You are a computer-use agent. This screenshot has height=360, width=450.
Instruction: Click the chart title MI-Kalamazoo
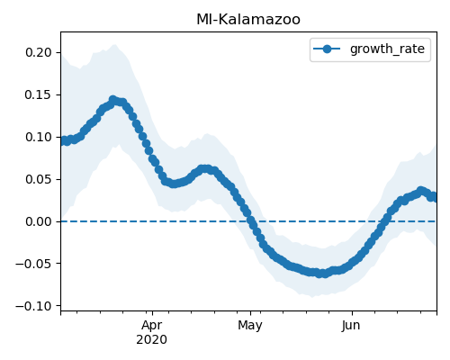[248, 20]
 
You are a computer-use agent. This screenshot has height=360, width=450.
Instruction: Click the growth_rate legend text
[387, 49]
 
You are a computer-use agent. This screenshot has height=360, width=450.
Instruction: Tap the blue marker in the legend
[327, 49]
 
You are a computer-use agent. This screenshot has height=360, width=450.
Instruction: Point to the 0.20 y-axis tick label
[39, 52]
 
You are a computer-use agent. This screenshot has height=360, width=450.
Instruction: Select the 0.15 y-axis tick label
[39, 94]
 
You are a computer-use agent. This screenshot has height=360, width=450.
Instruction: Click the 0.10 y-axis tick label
[39, 137]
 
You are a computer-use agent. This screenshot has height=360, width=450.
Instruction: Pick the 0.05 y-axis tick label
[39, 179]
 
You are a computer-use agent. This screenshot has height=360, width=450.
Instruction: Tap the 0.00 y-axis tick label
[39, 221]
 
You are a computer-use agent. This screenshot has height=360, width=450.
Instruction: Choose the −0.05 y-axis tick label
[33, 264]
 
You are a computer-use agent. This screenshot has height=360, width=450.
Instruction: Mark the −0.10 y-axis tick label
[33, 306]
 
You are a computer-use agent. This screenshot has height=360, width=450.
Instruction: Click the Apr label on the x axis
[152, 326]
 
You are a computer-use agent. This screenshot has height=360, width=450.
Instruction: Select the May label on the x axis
[250, 326]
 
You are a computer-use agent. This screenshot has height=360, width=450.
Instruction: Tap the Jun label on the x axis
[351, 326]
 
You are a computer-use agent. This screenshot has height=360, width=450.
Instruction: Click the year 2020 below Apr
[152, 340]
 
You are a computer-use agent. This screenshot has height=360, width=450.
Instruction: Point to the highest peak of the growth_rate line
[112, 99]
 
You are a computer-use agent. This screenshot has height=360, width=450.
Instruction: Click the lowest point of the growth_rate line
[321, 274]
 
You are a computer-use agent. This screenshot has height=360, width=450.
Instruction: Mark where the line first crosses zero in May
[251, 221]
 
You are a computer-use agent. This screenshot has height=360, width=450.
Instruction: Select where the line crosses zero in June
[383, 221]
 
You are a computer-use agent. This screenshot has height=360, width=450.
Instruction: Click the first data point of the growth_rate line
[61, 141]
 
